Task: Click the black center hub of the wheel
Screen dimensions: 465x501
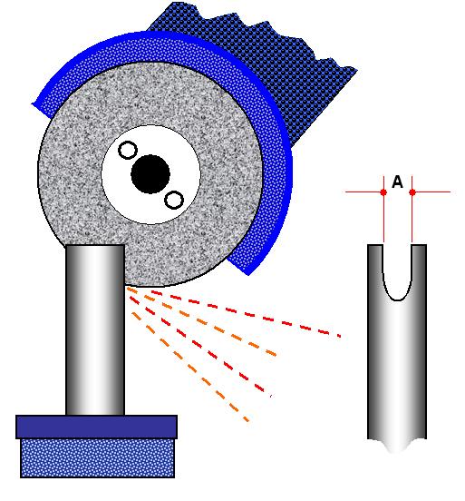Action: click(x=150, y=174)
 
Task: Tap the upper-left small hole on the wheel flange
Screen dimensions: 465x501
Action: click(x=128, y=150)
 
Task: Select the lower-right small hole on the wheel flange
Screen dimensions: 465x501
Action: click(x=174, y=200)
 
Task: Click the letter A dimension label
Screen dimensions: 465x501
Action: click(x=397, y=182)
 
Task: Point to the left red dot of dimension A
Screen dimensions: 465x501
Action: click(x=383, y=192)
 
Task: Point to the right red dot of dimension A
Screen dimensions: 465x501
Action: click(x=412, y=192)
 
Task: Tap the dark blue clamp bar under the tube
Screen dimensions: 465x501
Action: click(x=96, y=427)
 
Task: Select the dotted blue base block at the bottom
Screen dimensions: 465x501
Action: click(x=97, y=458)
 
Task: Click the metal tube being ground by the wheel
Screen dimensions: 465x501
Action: click(x=95, y=330)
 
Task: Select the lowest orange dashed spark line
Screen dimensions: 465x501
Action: click(x=190, y=368)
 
